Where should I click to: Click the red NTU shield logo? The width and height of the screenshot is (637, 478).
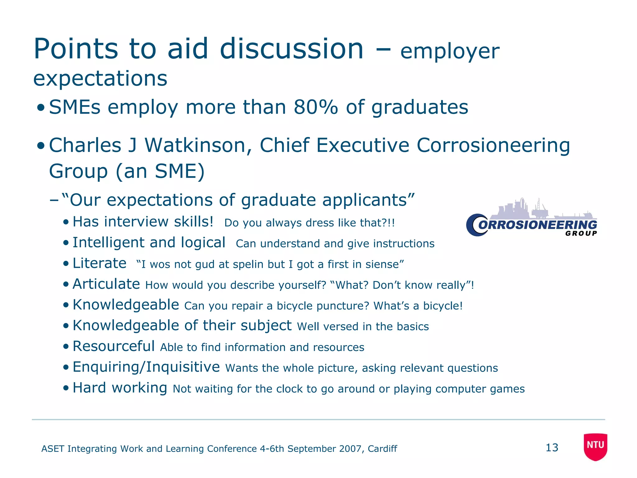click(595, 446)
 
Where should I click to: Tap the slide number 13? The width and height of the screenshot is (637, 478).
click(552, 448)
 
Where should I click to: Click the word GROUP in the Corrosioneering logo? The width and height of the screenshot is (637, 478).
click(581, 233)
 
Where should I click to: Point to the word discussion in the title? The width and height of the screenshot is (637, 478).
click(291, 49)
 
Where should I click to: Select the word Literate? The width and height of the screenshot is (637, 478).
click(100, 263)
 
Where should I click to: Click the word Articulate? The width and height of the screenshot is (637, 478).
click(106, 284)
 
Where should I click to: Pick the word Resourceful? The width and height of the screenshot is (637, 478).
click(114, 346)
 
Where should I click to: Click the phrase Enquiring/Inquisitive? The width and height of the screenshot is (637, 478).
click(146, 367)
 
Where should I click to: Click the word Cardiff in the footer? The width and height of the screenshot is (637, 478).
click(382, 449)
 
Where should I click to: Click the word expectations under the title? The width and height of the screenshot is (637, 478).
click(100, 78)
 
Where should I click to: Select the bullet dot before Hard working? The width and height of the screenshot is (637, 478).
click(66, 388)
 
